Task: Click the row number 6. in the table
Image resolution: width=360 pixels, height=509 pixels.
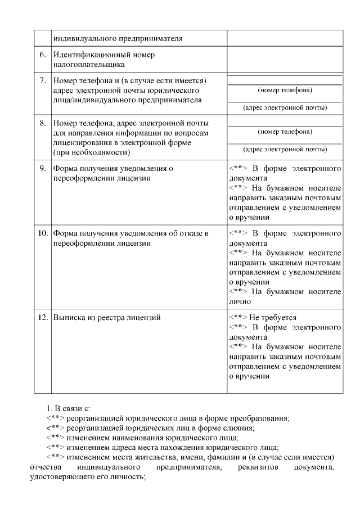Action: point(43,55)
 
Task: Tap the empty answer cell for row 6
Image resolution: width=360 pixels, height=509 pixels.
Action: point(285,60)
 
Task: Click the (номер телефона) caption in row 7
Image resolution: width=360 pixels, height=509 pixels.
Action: point(285,90)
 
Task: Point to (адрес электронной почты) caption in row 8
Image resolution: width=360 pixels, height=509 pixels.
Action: point(285,150)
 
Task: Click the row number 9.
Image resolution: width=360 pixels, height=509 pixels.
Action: point(43,168)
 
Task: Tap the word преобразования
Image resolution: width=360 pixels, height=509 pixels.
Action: point(258,418)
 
